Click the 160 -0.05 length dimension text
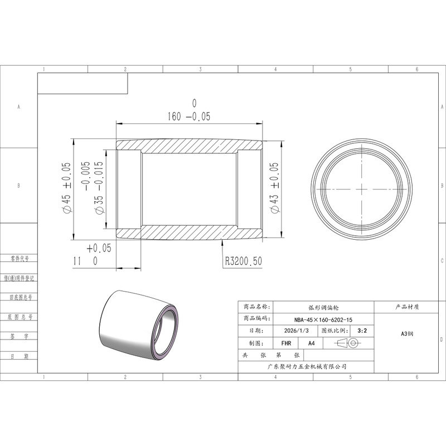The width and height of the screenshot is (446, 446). [x=188, y=117]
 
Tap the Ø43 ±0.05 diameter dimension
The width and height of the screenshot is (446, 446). [x=274, y=187]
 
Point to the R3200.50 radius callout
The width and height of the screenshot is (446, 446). [x=244, y=261]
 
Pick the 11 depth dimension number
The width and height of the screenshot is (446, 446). [x=77, y=261]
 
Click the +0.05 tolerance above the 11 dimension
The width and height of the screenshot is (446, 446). [x=99, y=248]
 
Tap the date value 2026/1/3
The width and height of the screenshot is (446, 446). [x=296, y=331]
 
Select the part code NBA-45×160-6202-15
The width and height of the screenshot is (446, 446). [x=323, y=319]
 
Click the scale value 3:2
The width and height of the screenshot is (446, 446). [x=362, y=331]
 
